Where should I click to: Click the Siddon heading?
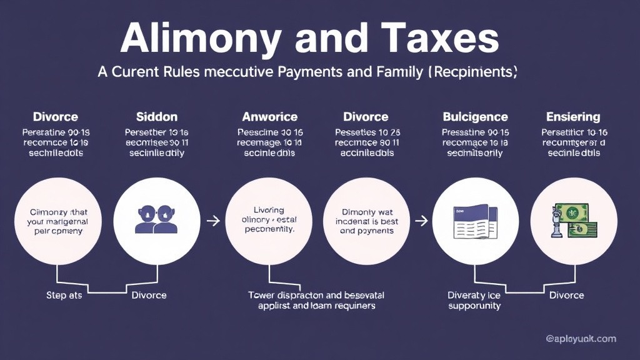click(x=157, y=117)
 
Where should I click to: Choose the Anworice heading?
click(x=269, y=117)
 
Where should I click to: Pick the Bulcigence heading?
click(x=475, y=117)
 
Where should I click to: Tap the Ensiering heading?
click(x=573, y=117)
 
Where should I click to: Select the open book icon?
click(x=475, y=220)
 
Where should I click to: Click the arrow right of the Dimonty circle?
click(x=422, y=220)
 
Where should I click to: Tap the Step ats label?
click(x=64, y=295)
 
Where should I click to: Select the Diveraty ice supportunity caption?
click(x=475, y=300)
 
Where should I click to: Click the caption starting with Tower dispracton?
click(x=316, y=300)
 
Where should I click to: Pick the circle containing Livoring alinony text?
click(x=269, y=220)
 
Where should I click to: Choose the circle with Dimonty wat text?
click(x=367, y=220)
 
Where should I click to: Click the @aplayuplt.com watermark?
click(x=581, y=339)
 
